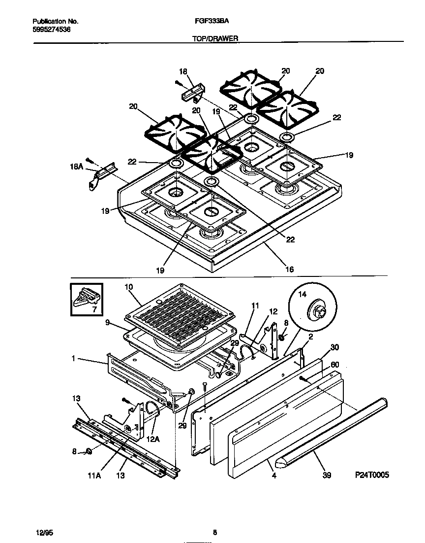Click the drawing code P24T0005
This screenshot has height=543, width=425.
[372, 475]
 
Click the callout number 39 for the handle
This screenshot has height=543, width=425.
[327, 475]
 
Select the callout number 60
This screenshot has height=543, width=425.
[335, 365]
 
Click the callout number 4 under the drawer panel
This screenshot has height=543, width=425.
[274, 475]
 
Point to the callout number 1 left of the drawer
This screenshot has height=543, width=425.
[74, 359]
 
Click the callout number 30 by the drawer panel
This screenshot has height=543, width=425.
[335, 347]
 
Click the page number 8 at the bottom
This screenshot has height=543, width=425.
[215, 533]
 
